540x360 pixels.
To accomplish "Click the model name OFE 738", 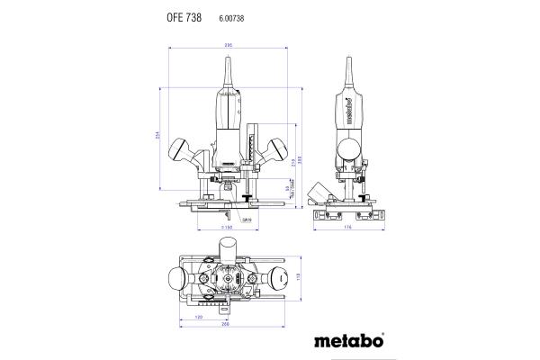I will coord(184,18).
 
